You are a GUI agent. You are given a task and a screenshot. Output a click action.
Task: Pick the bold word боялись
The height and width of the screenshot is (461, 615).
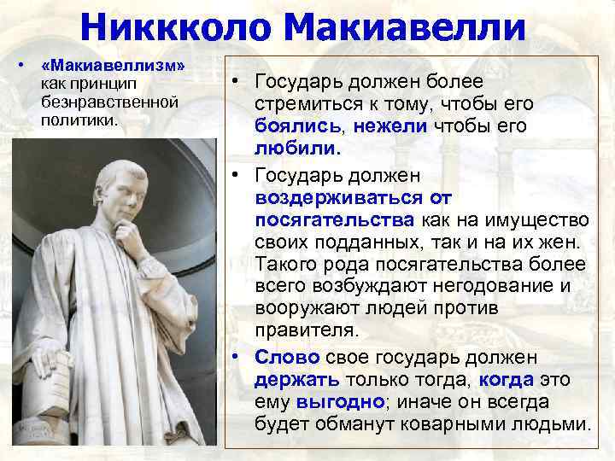298,127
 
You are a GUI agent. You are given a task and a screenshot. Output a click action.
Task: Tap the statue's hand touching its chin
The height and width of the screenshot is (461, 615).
129,232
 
